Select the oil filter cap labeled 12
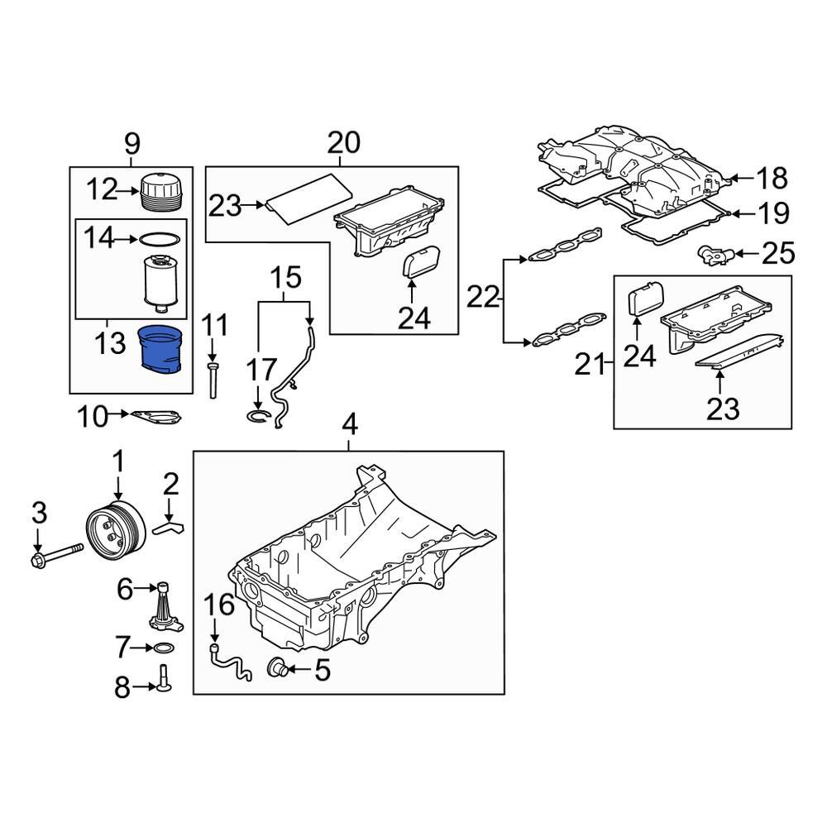point(159,193)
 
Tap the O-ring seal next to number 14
point(158,240)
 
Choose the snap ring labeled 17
point(259,416)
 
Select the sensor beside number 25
point(713,252)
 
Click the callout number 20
point(343,143)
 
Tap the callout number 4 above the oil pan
point(349,427)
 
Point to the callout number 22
point(483,295)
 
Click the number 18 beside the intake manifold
point(771,179)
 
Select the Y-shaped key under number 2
point(171,524)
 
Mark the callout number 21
point(590,363)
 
